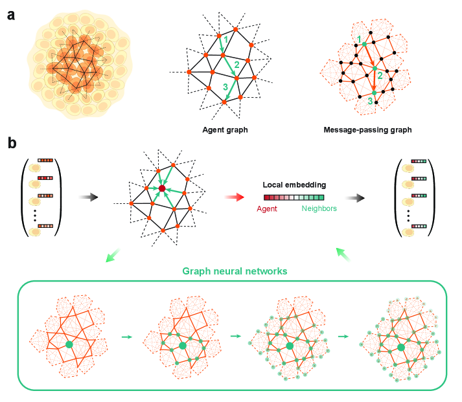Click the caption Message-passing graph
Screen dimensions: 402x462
pos(367,129)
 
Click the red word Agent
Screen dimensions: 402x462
pos(266,209)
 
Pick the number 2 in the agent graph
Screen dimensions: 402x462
pos(237,64)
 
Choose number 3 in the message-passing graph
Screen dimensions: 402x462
pos(371,101)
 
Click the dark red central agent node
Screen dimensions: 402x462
pos(162,189)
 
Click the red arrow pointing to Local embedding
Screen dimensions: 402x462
pos(231,195)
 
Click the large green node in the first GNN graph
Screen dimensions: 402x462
pos(69,345)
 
